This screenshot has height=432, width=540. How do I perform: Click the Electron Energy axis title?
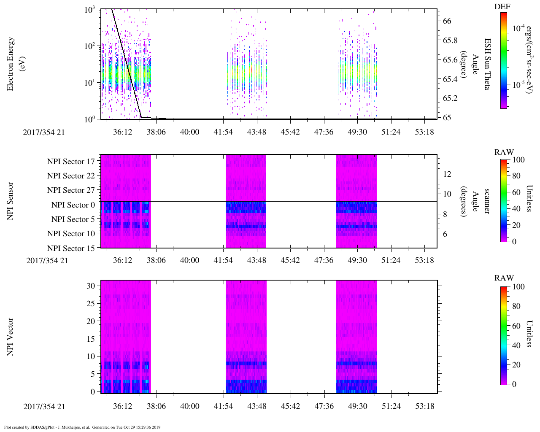[11, 64]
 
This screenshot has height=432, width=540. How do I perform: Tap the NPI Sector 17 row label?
[71, 162]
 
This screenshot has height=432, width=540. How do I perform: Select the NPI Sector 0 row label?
[73, 205]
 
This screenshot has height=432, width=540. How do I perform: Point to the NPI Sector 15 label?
[71, 248]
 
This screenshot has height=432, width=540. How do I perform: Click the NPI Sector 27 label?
[71, 190]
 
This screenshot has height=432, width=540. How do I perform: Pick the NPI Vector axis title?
[11, 337]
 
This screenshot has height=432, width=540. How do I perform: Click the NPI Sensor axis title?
[11, 201]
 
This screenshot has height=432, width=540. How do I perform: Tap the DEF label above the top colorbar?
[502, 7]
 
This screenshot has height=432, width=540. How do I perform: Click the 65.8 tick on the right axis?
[450, 40]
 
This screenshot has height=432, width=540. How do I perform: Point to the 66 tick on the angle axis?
[447, 21]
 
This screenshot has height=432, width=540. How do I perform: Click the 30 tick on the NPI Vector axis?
[91, 286]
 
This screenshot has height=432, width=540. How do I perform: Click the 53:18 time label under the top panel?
[424, 132]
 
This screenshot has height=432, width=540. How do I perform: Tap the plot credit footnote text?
[83, 427]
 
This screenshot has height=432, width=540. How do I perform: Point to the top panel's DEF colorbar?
[503, 60]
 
